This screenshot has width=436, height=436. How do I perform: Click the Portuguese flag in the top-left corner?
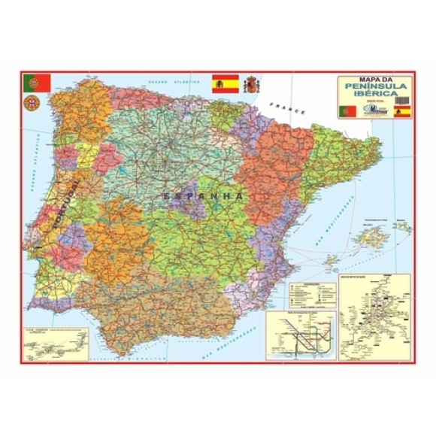pos(36,82)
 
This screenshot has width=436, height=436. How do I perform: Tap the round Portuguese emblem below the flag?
pos(32,102)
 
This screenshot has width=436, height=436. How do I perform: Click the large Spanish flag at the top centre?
pos(225,83)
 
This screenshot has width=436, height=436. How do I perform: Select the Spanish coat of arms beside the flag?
pos(253,83)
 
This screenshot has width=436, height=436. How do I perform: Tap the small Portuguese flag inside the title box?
pos(347,111)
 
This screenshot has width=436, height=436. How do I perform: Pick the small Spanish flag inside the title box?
pos(403,112)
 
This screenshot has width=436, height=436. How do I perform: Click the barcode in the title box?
pos(403,98)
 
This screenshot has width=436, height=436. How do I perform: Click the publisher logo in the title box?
pos(375,112)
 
